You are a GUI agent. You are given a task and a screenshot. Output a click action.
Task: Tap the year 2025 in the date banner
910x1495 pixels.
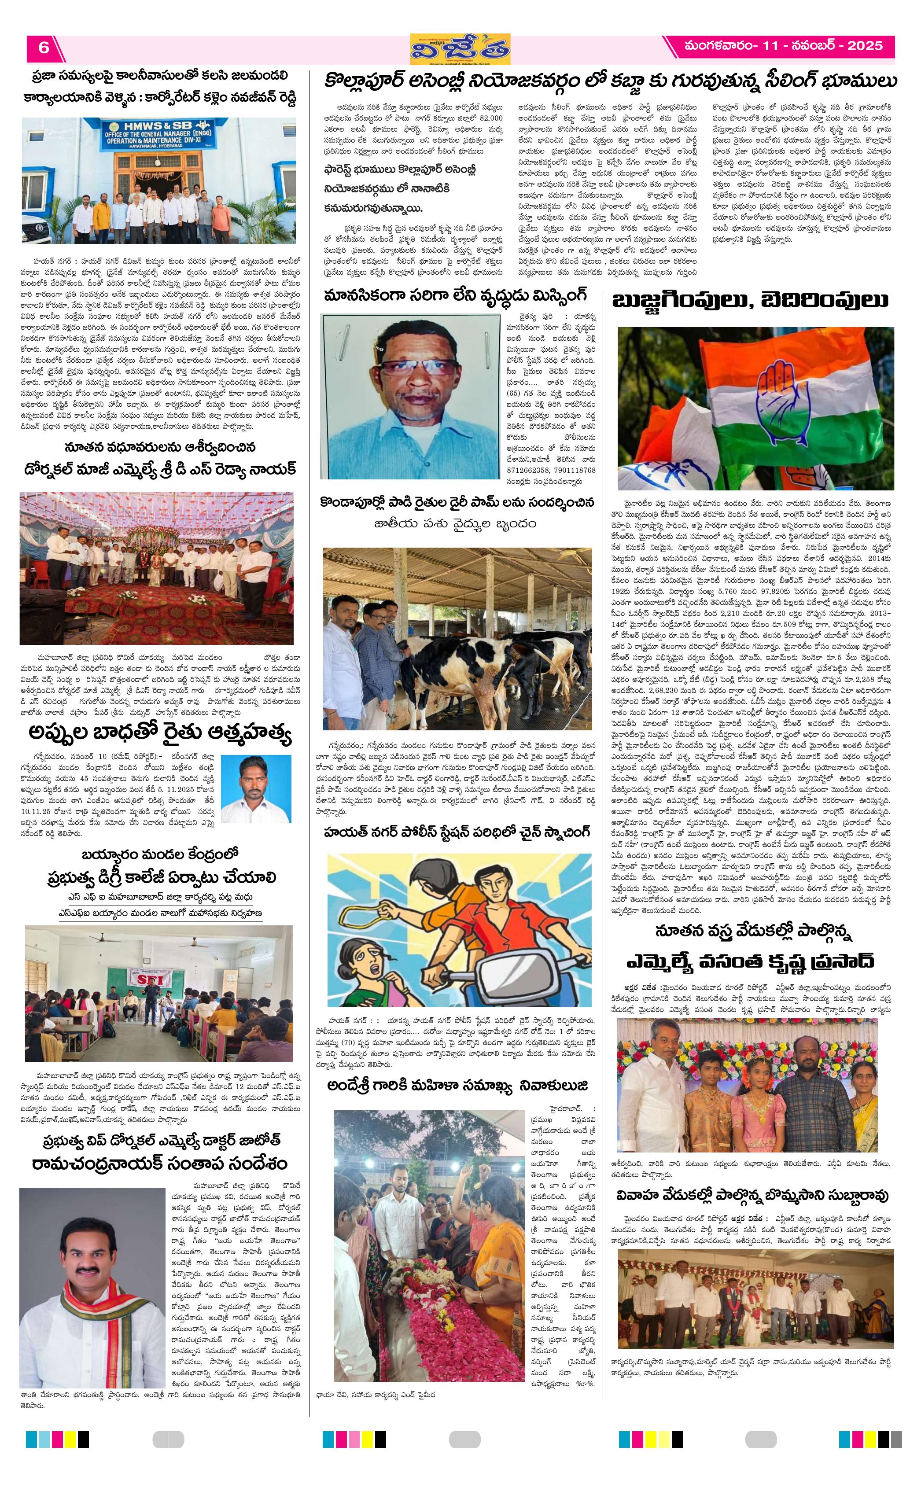(865, 45)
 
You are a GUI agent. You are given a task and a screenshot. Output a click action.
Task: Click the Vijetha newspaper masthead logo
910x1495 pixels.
(459, 48)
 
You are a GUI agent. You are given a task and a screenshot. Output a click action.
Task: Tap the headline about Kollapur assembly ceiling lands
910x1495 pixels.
(610, 82)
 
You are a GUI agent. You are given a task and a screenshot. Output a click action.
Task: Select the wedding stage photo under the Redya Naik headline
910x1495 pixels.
(157, 567)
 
